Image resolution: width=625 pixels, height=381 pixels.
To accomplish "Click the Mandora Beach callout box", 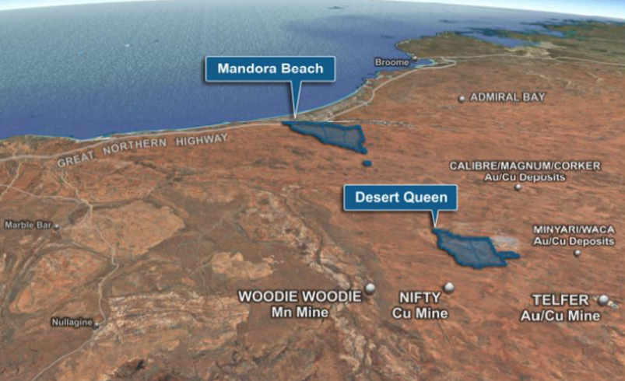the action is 270,68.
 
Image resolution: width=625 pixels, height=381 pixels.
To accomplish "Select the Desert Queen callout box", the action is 401,197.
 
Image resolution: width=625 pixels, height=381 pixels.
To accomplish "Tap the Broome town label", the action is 392,61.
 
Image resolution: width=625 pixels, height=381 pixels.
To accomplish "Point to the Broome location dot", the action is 415,59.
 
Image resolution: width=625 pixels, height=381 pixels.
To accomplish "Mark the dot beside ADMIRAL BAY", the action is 462,99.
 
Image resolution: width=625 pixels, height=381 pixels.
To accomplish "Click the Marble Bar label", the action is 27,225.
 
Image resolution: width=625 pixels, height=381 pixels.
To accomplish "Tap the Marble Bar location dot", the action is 56,225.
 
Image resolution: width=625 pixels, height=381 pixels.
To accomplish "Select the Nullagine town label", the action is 71,321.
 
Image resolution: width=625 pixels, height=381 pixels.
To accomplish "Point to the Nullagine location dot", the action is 97,325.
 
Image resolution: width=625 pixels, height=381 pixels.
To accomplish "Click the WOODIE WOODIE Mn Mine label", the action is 300,304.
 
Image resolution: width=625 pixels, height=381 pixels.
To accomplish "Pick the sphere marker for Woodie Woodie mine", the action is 370,288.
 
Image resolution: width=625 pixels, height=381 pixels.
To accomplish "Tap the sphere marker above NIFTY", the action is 448,287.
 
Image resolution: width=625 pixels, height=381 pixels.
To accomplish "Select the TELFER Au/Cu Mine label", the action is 560,307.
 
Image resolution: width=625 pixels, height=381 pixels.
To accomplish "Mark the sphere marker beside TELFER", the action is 603,299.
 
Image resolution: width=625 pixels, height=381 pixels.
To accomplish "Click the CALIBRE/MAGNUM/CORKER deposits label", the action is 514,171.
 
